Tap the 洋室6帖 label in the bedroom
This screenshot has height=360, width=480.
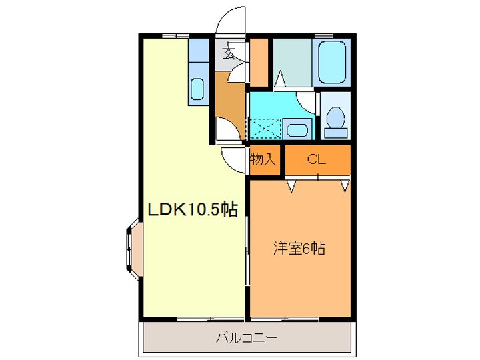tap(298, 249)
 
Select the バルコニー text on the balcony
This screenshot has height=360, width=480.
tap(247, 337)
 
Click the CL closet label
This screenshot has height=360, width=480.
tap(317, 159)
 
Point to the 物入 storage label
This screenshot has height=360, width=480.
tap(263, 159)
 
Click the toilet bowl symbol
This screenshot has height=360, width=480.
tap(336, 120)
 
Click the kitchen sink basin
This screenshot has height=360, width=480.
tap(197, 89)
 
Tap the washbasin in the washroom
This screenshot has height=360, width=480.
tap(297, 128)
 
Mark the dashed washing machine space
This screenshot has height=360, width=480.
tap(264, 127)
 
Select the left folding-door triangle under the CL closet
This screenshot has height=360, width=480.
tap(291, 184)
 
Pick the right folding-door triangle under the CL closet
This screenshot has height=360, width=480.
tap(344, 184)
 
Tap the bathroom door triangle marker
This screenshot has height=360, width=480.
tap(281, 79)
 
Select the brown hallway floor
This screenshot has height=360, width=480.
tap(230, 100)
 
